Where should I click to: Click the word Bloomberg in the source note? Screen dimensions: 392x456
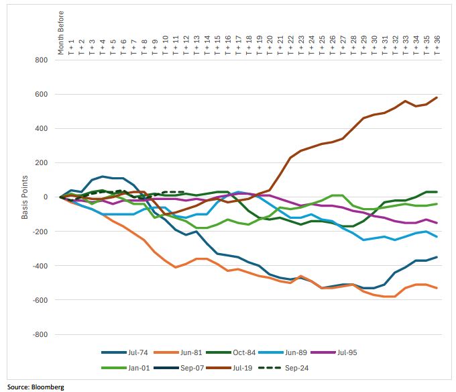(45, 387)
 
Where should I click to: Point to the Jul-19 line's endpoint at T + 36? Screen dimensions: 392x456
(437, 97)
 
